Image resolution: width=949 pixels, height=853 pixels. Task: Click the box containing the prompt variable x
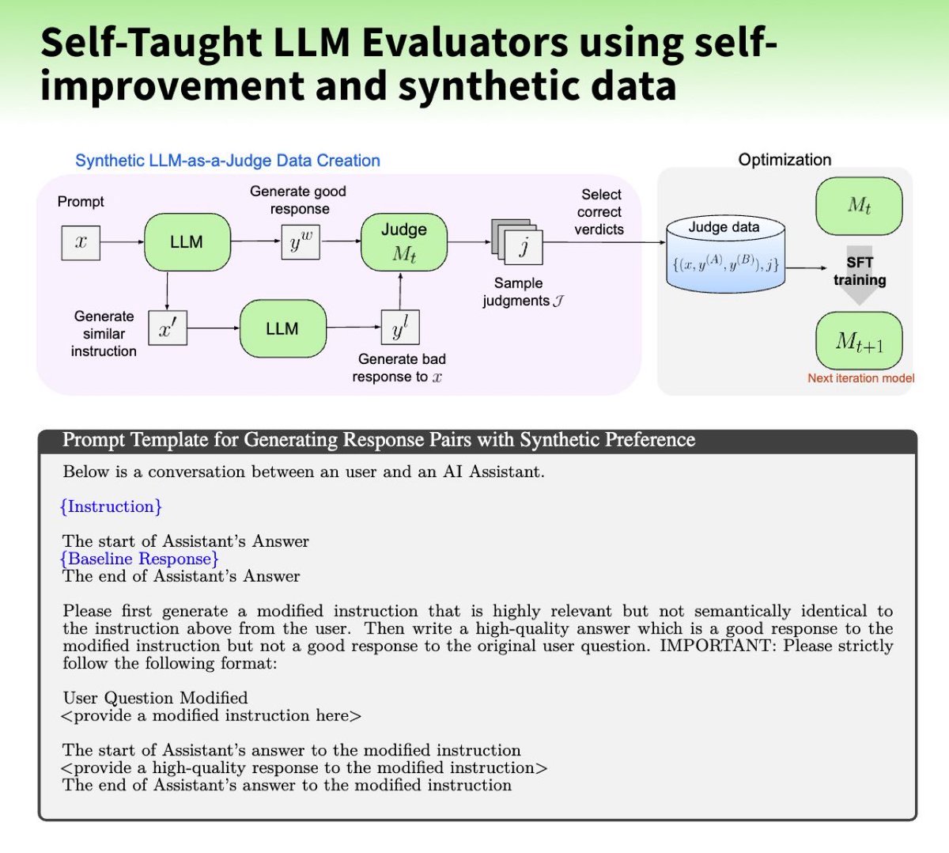coord(81,242)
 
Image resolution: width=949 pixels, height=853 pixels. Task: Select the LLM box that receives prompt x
coord(187,242)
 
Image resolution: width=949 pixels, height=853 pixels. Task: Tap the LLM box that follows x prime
coord(282,328)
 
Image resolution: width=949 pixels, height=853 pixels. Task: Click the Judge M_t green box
coord(403,242)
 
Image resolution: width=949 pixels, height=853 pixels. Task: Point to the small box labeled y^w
coord(301,242)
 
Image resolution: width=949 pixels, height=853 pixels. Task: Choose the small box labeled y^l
coord(400,327)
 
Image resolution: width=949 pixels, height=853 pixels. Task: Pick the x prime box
coord(168,328)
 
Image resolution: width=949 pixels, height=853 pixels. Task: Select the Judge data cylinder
coord(724,253)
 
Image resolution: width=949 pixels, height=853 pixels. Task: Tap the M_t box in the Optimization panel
coord(859,207)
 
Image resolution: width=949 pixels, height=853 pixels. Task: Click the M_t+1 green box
coord(859,341)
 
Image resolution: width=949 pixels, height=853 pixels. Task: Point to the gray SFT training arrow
coord(859,274)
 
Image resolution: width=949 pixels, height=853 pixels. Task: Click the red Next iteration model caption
coord(860,378)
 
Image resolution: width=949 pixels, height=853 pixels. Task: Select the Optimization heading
coord(785,160)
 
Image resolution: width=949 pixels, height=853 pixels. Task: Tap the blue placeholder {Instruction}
coord(111,506)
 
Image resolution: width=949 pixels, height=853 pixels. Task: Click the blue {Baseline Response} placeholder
coord(139,559)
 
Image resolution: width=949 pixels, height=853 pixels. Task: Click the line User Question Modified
coord(155,698)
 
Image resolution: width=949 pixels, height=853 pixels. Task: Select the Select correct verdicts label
coord(599,212)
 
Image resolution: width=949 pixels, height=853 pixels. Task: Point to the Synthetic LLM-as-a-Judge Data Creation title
coord(228,161)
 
